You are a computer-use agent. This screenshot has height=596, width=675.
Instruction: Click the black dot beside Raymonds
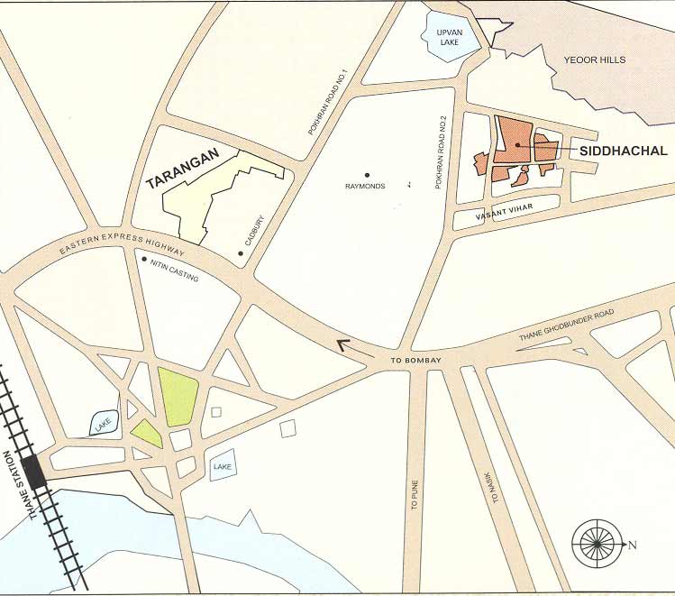coord(367,175)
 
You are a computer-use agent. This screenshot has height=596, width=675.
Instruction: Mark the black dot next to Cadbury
coord(241,253)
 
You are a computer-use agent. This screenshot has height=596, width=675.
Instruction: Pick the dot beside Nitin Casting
coord(144,259)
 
